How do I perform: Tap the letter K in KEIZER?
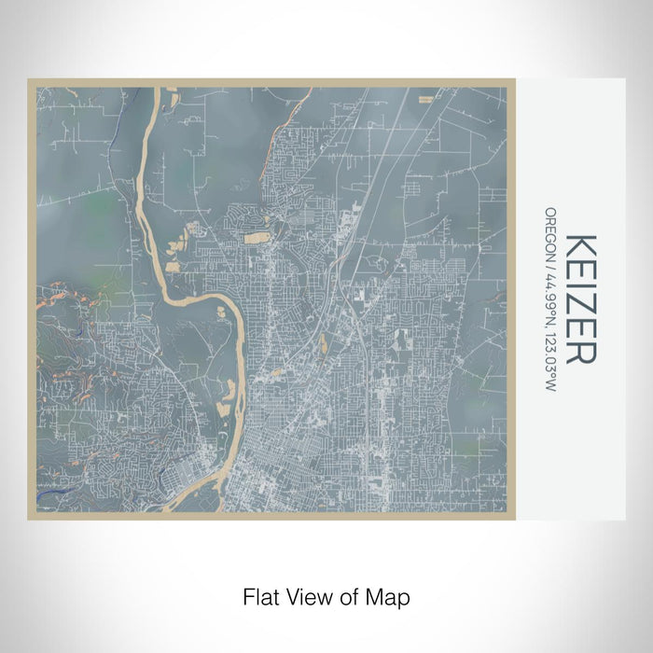[580, 246]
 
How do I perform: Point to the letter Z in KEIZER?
[580, 307]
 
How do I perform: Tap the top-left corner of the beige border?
[30, 80]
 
